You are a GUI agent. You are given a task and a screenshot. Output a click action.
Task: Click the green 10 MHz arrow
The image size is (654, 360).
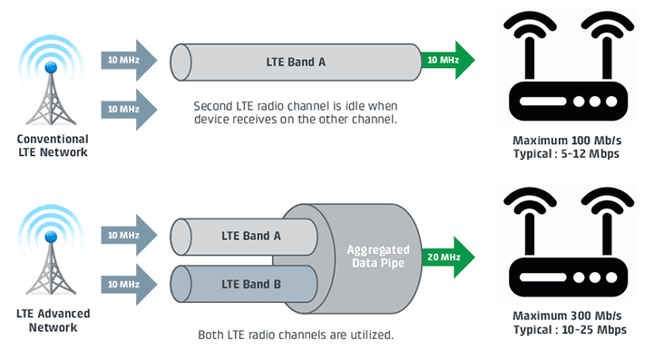448,60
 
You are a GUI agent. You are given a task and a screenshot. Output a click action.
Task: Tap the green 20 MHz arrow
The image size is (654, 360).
448,257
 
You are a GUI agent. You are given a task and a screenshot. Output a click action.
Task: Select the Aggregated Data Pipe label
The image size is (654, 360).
378,256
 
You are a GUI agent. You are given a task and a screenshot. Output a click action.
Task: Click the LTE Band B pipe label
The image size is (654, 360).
251,284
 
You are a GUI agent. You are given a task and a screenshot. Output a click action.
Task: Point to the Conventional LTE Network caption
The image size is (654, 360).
53,146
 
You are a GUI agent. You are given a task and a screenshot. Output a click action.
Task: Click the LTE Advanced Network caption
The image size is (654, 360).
53,320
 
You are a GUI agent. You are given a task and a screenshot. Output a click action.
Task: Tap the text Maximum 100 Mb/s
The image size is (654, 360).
567,141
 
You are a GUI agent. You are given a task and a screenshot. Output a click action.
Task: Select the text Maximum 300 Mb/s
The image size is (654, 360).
567,316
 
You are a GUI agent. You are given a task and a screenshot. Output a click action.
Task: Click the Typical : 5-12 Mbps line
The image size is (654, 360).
566,154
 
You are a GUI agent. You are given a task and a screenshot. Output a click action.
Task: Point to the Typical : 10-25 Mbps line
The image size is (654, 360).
570,329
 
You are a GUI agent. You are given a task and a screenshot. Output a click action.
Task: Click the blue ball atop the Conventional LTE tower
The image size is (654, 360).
51,67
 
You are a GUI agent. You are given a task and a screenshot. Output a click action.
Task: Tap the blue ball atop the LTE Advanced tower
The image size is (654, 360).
51,237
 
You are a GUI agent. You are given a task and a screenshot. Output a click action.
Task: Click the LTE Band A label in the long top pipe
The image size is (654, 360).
296,63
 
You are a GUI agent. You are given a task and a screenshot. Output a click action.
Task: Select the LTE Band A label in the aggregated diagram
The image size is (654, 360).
251,236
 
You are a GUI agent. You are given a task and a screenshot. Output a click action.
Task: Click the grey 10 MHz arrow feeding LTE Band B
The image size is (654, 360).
129,285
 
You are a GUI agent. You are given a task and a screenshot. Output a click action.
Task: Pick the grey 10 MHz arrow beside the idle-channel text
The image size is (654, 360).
129,110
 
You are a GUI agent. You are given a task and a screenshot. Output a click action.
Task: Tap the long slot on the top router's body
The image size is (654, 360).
542,102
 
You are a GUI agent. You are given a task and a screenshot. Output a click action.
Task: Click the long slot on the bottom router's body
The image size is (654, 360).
542,277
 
